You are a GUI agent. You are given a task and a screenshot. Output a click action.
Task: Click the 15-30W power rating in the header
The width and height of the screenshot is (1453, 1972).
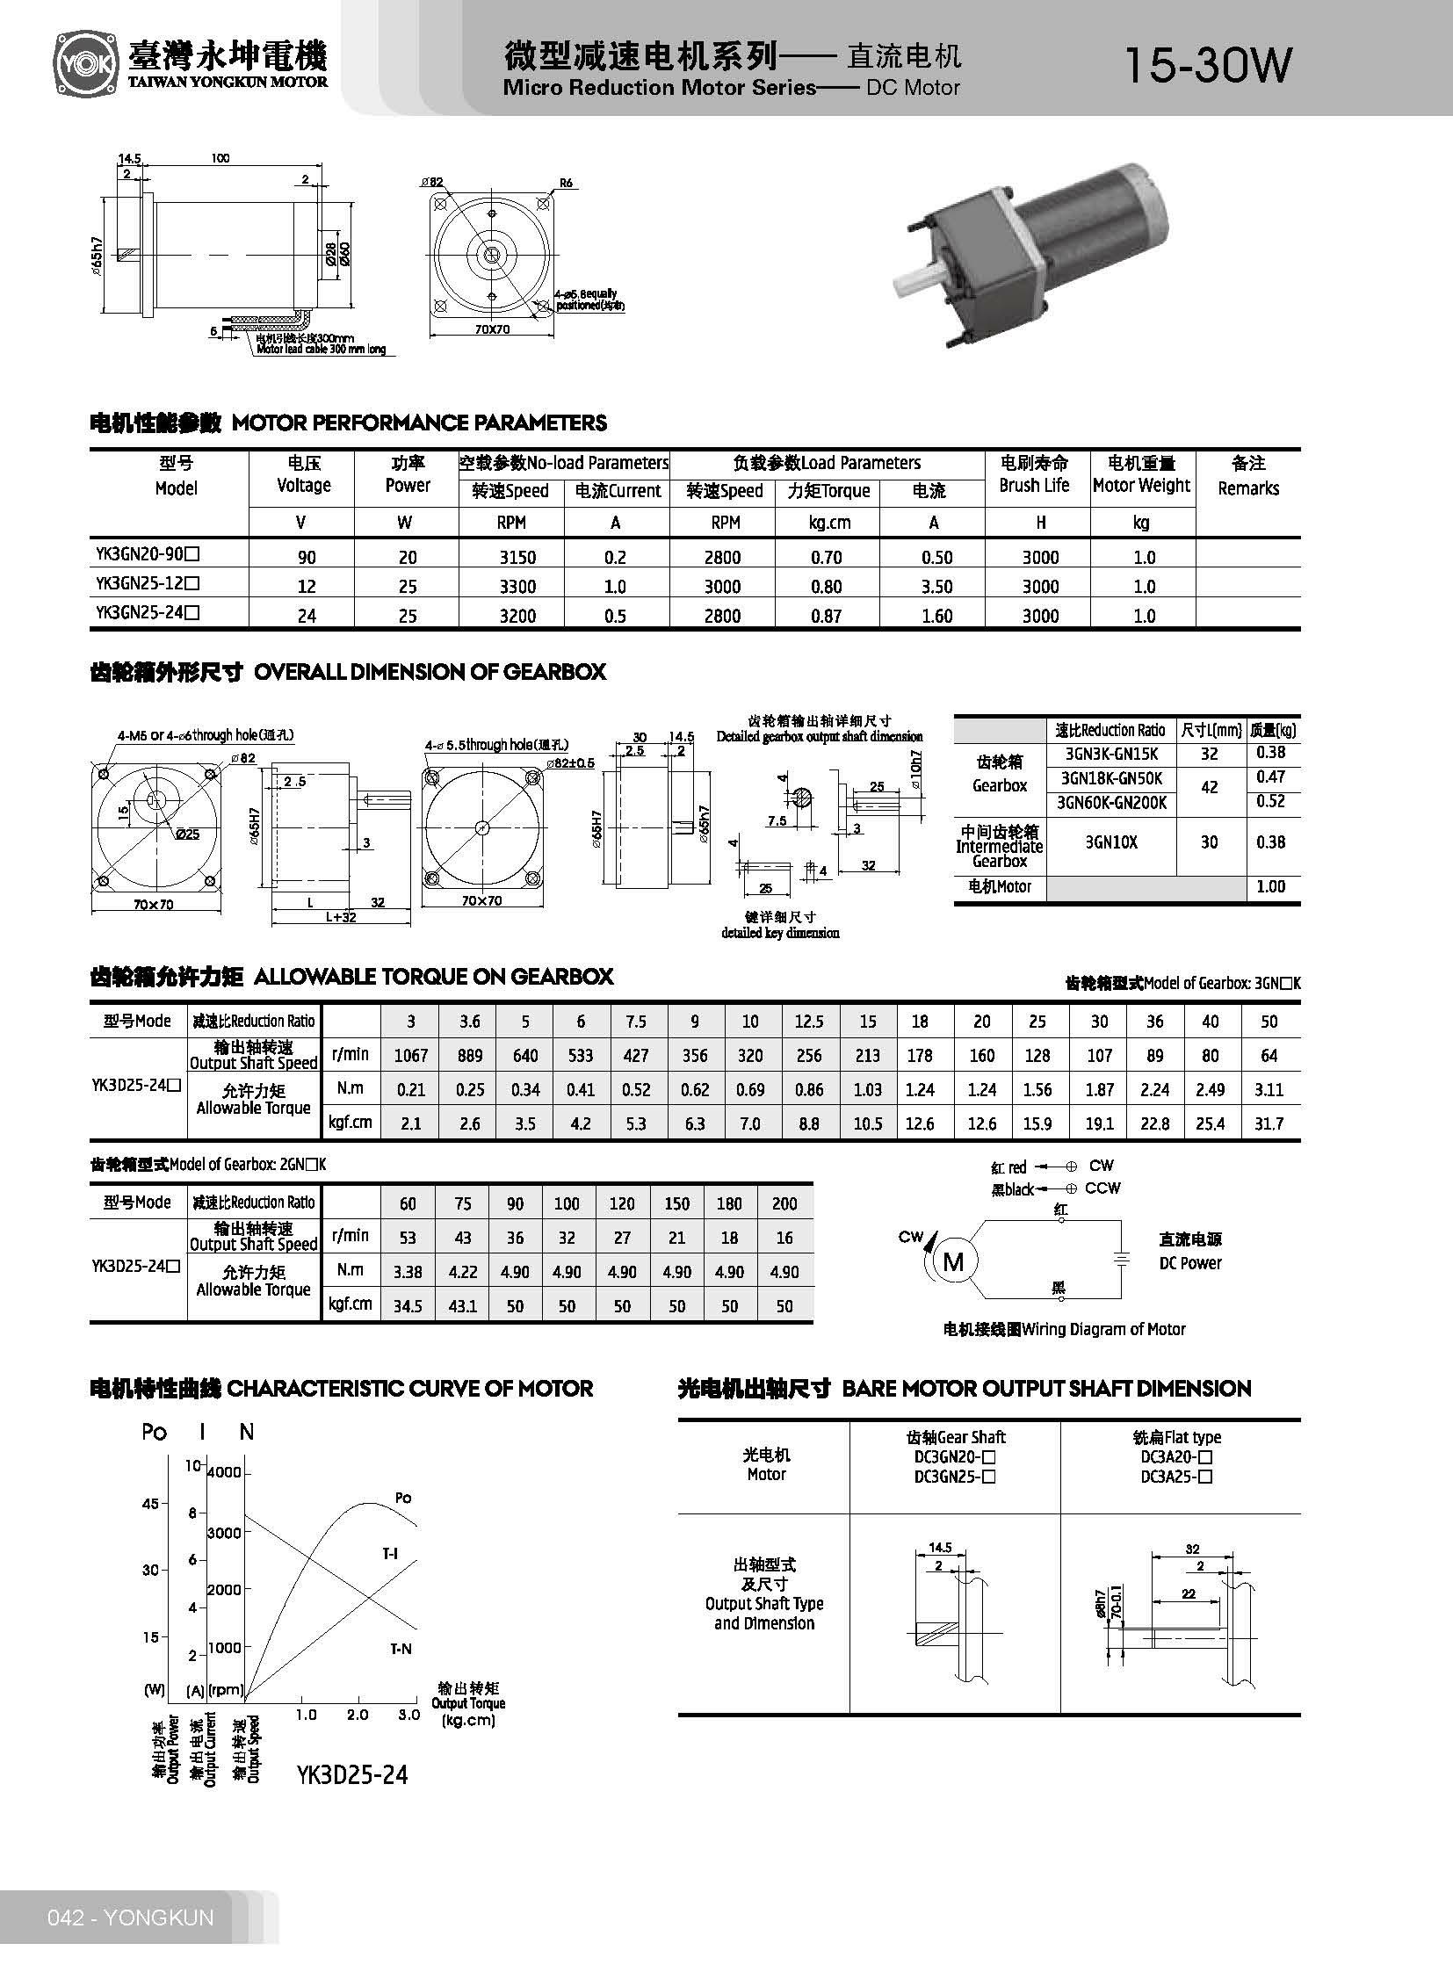point(1208,65)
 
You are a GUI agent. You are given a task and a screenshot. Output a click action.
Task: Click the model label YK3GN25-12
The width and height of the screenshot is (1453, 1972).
point(148,583)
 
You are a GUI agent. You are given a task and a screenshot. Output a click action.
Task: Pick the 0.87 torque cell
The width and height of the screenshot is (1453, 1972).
point(826,617)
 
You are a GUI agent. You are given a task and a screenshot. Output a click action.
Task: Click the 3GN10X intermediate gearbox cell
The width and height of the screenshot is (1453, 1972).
point(1111,842)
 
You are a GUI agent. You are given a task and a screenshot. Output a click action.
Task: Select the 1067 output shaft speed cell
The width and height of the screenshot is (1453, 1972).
point(411,1056)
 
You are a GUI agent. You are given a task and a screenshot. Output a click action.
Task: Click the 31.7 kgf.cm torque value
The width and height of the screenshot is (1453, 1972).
point(1269,1124)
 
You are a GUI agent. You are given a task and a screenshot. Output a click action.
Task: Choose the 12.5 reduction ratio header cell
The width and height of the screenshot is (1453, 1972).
point(808,1022)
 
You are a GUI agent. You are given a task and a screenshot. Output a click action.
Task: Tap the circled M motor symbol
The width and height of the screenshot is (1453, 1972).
point(953,1263)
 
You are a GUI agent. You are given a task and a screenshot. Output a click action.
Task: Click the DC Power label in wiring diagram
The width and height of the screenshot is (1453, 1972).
point(1189,1263)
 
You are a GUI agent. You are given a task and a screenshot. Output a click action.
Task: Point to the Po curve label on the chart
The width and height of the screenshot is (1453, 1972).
point(403,1498)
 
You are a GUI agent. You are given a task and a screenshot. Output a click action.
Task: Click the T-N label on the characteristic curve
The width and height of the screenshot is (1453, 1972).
point(401,1650)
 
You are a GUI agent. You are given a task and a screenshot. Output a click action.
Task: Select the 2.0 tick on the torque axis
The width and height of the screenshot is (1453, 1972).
point(358,1716)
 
